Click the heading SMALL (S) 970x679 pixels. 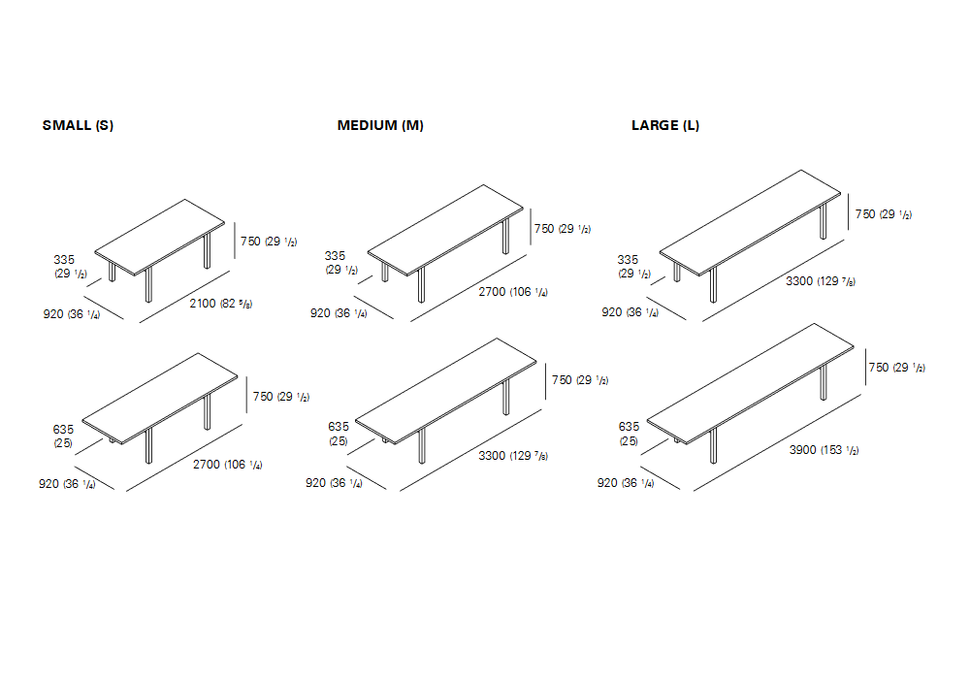pyautogui.click(x=78, y=125)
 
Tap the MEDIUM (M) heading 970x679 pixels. pyautogui.click(x=380, y=125)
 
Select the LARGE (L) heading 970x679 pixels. pyautogui.click(x=665, y=125)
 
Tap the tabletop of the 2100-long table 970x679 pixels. pyautogui.click(x=160, y=237)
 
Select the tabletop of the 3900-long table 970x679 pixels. pyautogui.click(x=751, y=383)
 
